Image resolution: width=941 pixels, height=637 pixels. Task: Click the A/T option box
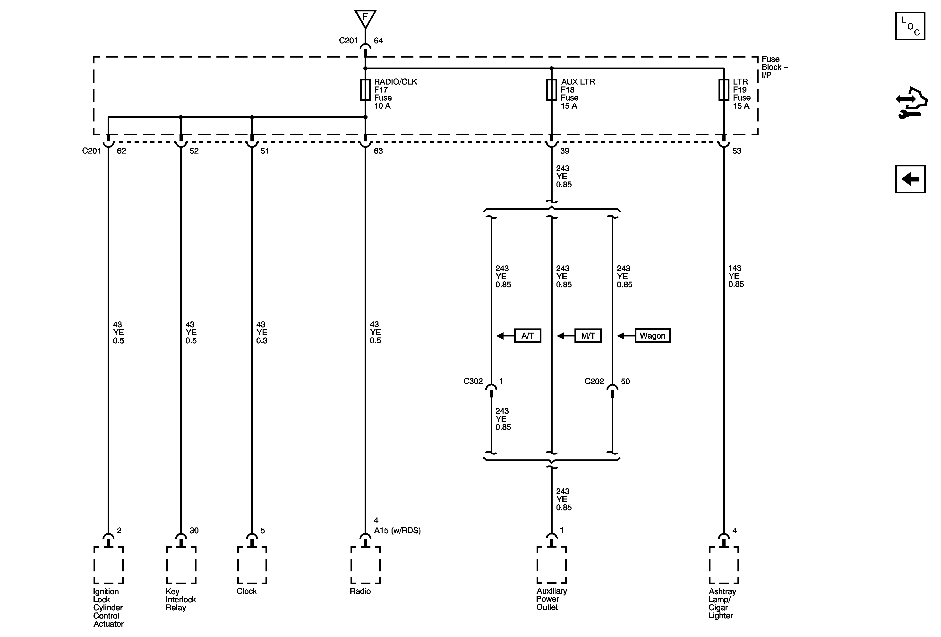click(x=527, y=336)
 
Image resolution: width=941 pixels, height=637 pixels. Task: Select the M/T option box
click(x=588, y=336)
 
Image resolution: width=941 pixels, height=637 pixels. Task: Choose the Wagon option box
click(x=652, y=336)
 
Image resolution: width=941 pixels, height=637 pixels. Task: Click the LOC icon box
click(x=910, y=26)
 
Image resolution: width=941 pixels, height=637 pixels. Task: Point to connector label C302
click(x=473, y=381)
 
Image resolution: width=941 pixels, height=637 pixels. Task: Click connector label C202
click(x=594, y=381)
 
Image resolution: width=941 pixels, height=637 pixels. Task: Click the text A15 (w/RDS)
click(x=397, y=531)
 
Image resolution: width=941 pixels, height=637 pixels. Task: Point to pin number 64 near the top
click(x=378, y=41)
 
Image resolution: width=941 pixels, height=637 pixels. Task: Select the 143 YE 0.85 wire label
click(x=736, y=276)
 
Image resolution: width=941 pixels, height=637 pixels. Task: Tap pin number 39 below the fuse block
click(x=565, y=151)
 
